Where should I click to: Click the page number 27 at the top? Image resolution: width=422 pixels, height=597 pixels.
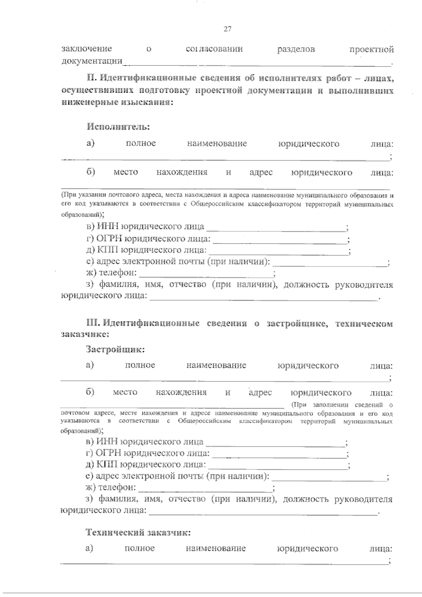pyautogui.click(x=227, y=30)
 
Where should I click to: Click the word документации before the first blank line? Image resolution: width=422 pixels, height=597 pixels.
pyautogui.click(x=92, y=62)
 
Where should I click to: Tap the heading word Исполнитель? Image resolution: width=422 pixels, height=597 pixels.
pyautogui.click(x=119, y=127)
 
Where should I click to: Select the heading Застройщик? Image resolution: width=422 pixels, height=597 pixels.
pyautogui.click(x=115, y=349)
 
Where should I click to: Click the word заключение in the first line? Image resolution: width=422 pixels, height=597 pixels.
pyautogui.click(x=87, y=49)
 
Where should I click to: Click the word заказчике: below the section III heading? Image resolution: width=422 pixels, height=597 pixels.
pyautogui.click(x=85, y=334)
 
